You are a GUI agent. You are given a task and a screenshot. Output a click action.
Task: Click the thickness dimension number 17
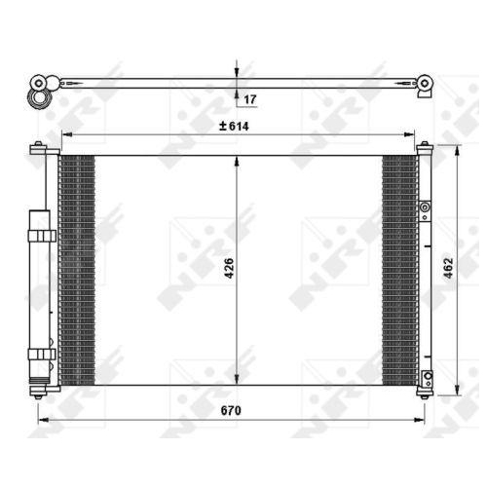point(250,99)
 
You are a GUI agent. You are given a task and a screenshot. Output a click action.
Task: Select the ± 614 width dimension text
point(235,126)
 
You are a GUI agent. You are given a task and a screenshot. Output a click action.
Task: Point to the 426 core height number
point(229,268)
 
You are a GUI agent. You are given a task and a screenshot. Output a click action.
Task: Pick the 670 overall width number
point(230,412)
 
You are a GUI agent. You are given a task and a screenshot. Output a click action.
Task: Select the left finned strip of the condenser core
point(78,268)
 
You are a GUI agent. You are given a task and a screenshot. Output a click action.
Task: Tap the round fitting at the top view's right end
point(425,85)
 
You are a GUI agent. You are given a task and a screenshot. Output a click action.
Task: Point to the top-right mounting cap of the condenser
point(425,148)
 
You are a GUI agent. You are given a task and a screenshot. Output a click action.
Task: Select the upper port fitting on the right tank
point(426,207)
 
